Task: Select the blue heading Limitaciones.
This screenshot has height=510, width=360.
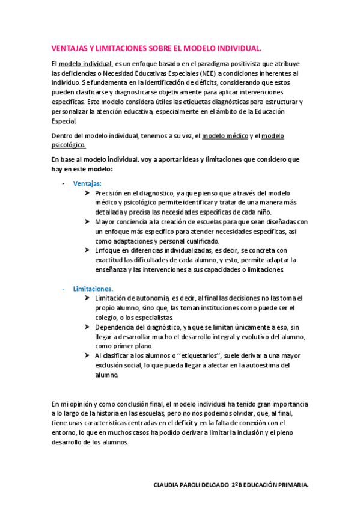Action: coord(93,289)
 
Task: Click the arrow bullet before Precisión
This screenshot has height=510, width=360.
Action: coord(88,193)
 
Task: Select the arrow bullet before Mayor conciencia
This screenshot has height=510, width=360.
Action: coord(88,221)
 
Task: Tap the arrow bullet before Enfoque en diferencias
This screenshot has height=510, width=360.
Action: coord(88,250)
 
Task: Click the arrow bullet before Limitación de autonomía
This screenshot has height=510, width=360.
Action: coord(88,298)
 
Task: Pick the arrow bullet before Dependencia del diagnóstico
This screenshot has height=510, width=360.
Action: coord(88,327)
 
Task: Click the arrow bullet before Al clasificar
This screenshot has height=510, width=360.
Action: coord(88,355)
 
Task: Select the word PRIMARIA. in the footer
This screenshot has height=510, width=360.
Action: coord(293,484)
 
